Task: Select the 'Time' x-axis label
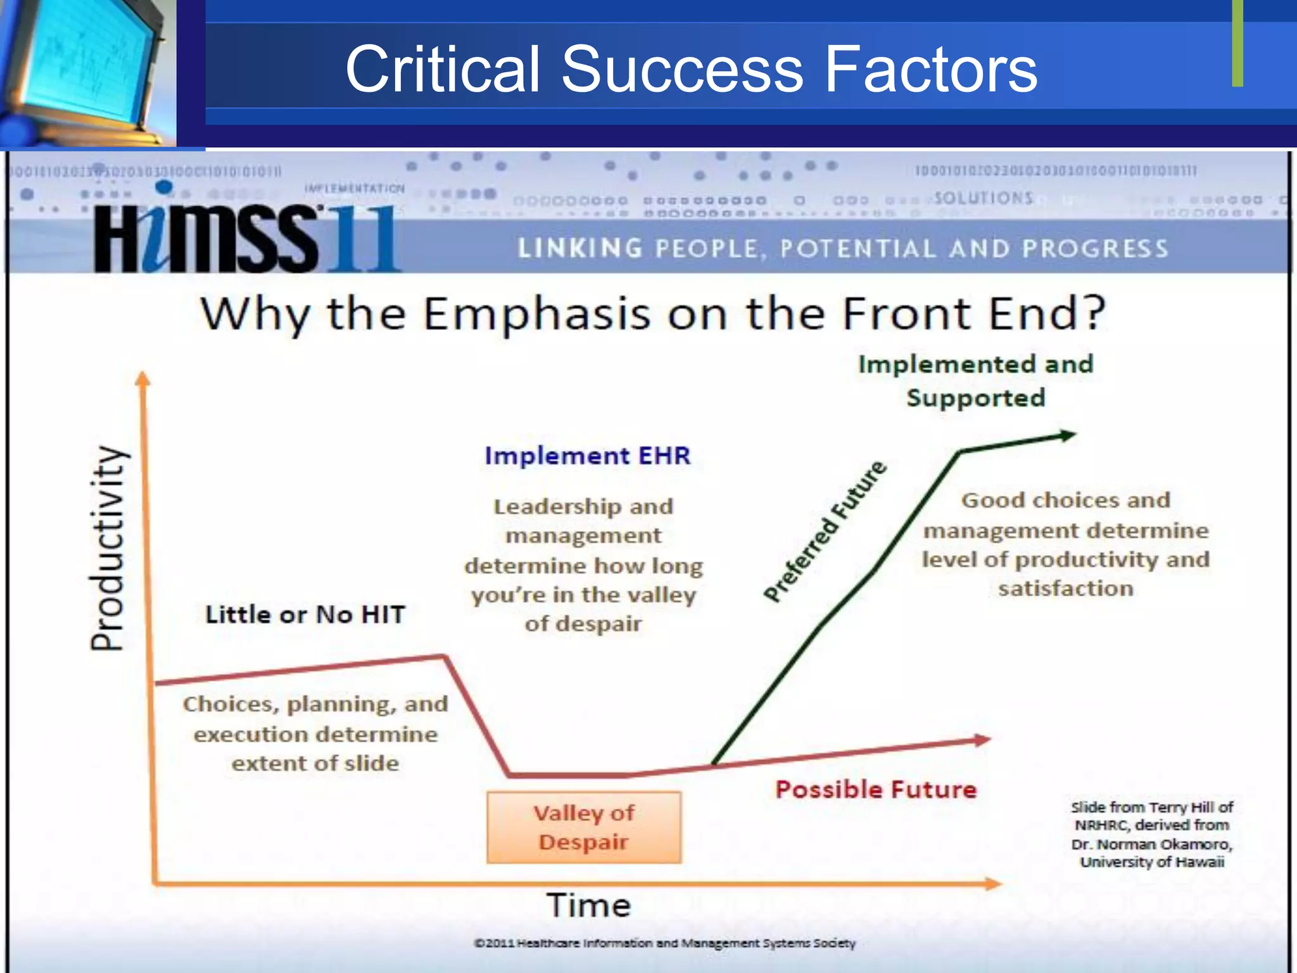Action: [588, 905]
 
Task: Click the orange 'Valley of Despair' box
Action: [584, 827]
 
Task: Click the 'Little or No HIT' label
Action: [305, 614]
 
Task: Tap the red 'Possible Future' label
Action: [876, 789]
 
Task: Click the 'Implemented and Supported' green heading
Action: [975, 381]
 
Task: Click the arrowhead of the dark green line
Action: [1068, 435]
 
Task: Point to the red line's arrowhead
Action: [982, 739]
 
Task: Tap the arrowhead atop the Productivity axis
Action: [143, 378]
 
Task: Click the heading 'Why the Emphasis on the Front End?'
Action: [653, 314]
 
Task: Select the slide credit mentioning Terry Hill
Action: [1151, 834]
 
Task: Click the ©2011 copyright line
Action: [665, 943]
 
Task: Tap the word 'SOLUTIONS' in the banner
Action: [984, 198]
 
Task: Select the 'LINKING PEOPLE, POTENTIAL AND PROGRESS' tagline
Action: [843, 249]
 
